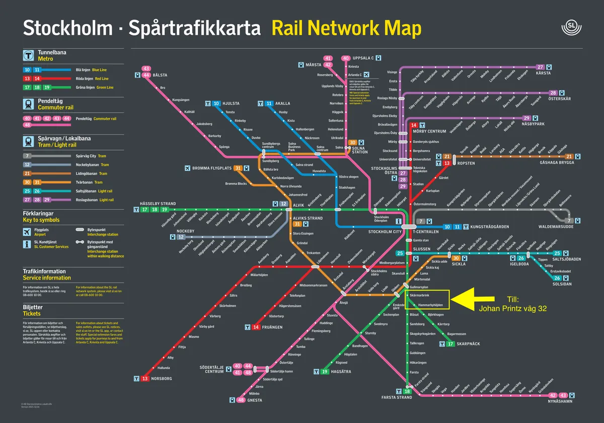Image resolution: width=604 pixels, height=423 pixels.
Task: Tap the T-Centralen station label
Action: [x=424, y=232]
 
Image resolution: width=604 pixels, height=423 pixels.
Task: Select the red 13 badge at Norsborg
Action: [x=145, y=378]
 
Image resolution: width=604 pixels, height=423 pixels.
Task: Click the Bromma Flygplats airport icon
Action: [x=188, y=168]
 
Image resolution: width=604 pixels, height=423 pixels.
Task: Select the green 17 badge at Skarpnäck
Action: [x=451, y=344]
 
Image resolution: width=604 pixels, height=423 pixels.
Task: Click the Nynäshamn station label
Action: [x=560, y=402]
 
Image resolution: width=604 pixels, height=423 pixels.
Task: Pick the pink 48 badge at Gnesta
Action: [x=241, y=400]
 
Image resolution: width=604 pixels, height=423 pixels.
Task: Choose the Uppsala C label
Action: [x=363, y=58]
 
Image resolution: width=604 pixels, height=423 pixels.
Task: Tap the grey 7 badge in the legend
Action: [x=27, y=156]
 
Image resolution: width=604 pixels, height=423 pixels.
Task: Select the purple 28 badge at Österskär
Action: [x=553, y=93]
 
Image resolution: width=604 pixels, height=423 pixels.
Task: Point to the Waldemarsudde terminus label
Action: [x=556, y=227]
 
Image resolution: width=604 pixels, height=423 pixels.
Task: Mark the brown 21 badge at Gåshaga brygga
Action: [x=569, y=156]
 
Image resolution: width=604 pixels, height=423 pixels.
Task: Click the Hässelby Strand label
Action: [x=158, y=204]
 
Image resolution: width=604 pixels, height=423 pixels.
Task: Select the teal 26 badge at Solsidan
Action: [x=557, y=278]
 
